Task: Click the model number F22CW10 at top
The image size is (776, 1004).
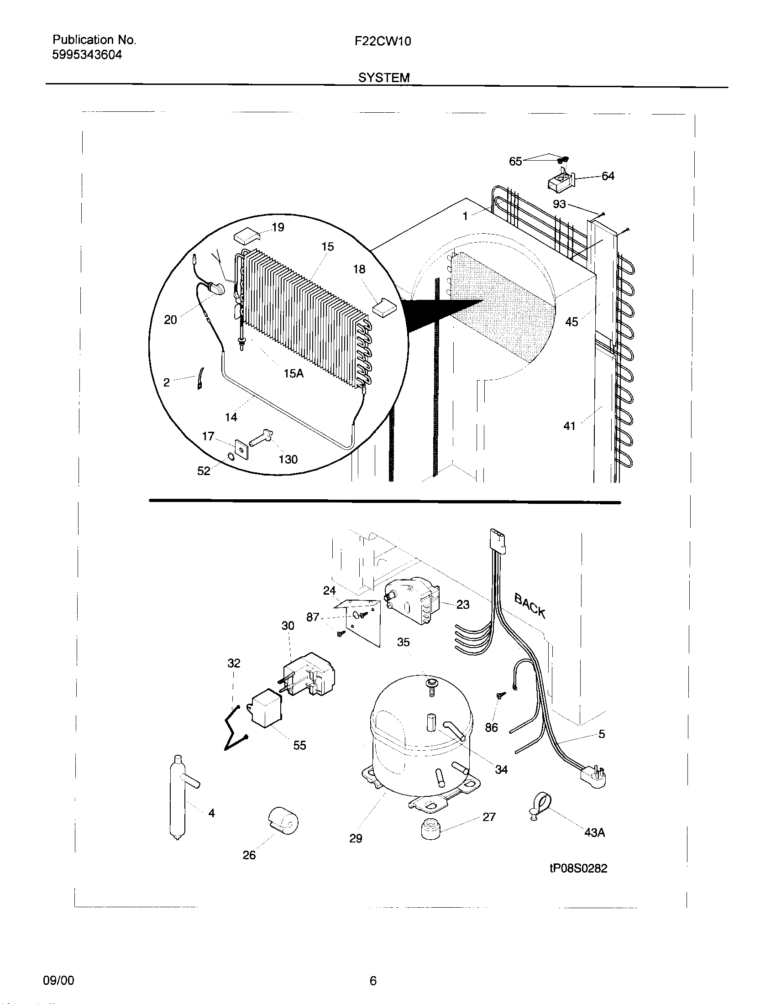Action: [x=383, y=42]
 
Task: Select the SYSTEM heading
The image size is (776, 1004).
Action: [x=383, y=78]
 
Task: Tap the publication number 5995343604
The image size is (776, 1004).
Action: [x=87, y=55]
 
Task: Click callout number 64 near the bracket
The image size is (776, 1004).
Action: [x=608, y=176]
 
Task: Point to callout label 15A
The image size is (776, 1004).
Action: [x=294, y=373]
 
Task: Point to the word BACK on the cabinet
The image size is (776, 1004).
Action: [x=530, y=606]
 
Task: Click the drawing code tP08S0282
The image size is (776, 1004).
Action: [x=578, y=868]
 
